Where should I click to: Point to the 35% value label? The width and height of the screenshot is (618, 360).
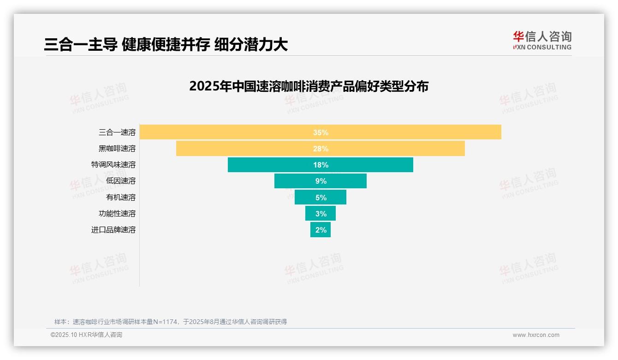coord(321,132)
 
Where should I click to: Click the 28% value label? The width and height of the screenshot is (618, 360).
coord(321,149)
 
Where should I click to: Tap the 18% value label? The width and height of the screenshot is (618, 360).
coord(321,165)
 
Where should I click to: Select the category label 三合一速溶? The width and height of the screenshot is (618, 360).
coord(117,132)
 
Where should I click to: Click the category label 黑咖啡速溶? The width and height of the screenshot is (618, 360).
coord(117,149)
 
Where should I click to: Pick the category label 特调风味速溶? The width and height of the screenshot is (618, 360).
coord(113,165)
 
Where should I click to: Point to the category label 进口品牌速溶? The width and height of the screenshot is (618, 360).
coord(113,230)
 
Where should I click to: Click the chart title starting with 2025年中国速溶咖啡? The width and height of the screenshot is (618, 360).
coord(309,86)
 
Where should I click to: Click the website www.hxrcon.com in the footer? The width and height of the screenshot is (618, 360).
coord(536,335)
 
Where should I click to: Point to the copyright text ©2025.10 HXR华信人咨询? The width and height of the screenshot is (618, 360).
coord(86,335)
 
